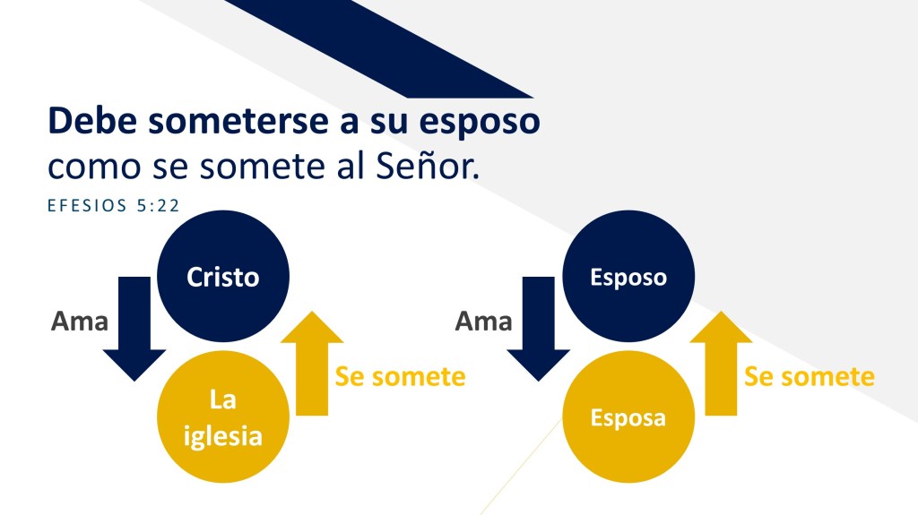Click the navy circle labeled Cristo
pos(223,276)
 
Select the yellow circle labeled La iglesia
pos(223,416)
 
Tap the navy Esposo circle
pos(628,276)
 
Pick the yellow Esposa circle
pos(628,416)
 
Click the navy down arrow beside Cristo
pos(134,329)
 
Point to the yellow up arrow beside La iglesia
pos(312,364)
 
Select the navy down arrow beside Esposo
pos(538,329)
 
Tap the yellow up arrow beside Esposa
pos(721,364)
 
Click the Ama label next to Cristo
pos(80,322)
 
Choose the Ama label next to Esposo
pos(483,322)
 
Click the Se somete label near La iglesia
pos(401,376)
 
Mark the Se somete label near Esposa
pos(810,376)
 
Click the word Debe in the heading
pos(92,121)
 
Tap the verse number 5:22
pos(158,205)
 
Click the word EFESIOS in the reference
pos(87,205)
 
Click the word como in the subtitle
pos(94,167)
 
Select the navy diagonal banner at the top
pos(378,48)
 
